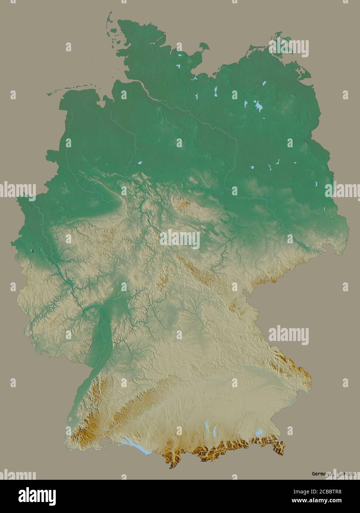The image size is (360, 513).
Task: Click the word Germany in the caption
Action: tap(321, 474)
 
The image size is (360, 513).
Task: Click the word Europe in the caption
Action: tap(345, 474)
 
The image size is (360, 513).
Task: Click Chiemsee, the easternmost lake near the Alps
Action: tap(260, 431)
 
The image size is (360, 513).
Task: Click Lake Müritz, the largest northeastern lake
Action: tap(258, 107)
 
